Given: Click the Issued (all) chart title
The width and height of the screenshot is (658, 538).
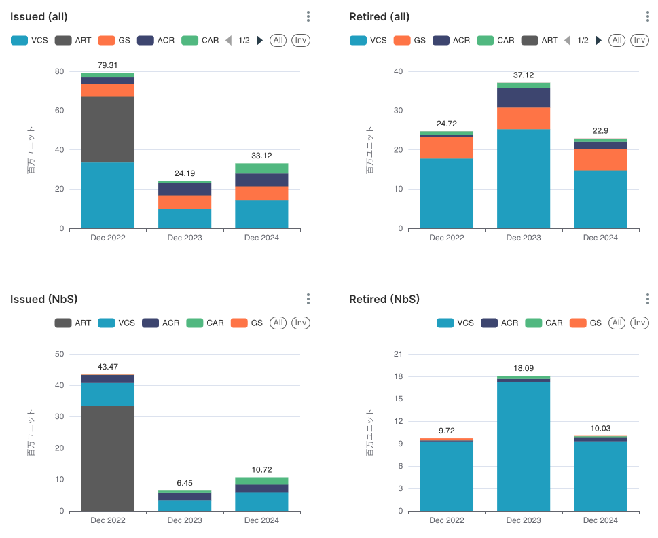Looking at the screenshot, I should [x=39, y=16].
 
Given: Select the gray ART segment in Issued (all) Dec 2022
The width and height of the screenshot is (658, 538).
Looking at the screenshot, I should [x=108, y=129].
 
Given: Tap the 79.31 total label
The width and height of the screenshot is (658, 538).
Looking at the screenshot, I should [x=108, y=65].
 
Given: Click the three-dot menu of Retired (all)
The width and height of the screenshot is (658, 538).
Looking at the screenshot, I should [x=647, y=16].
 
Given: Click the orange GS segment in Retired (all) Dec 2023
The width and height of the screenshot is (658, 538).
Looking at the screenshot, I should [x=524, y=118].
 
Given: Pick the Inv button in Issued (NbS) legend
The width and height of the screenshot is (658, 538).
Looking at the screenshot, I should [x=301, y=323].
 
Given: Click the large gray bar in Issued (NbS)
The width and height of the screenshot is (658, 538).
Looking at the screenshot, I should [x=108, y=458].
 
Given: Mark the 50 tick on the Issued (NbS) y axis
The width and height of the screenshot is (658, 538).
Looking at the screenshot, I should [x=59, y=354].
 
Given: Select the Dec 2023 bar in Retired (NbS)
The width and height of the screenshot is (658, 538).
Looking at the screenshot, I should [x=524, y=446].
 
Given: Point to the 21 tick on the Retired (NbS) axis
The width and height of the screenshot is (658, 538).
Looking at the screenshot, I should [x=399, y=354].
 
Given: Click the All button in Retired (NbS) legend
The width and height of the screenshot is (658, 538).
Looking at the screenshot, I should [x=617, y=323].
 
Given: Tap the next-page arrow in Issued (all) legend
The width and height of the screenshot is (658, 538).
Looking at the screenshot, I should [x=259, y=41].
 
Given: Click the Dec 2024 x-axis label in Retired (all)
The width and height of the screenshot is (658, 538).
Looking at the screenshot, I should [x=600, y=238].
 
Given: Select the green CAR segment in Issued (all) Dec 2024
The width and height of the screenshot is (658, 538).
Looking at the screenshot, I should [x=261, y=168].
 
